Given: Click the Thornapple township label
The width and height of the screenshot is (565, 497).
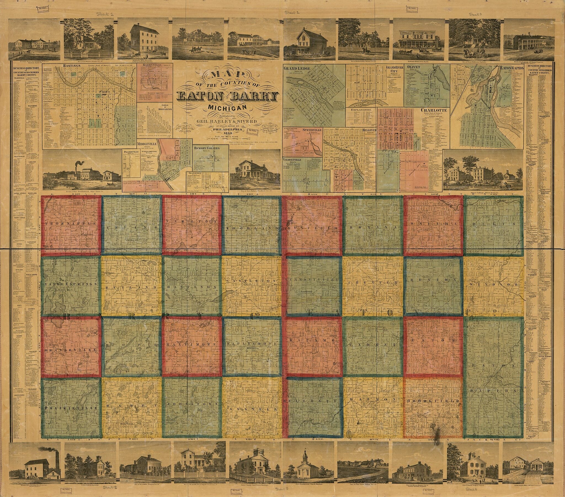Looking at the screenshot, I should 71,223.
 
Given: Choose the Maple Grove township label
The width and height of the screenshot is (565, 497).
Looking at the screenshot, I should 251,343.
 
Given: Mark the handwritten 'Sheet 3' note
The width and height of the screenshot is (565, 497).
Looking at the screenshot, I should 476,14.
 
